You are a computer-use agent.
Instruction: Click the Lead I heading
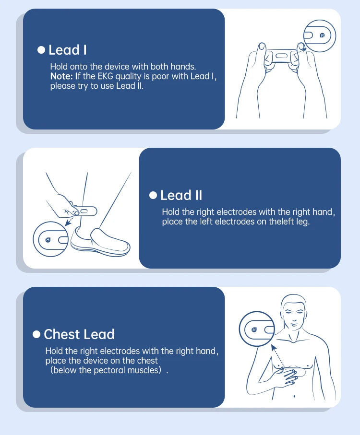pyautogui.click(x=67, y=50)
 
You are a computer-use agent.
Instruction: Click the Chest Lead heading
pyautogui.click(x=79, y=334)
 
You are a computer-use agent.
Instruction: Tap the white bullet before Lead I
pyautogui.click(x=41, y=50)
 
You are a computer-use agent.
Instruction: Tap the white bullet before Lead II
pyautogui.click(x=153, y=195)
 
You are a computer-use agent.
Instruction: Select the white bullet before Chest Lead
pyautogui.click(x=36, y=334)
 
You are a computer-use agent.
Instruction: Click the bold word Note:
pyautogui.click(x=61, y=76)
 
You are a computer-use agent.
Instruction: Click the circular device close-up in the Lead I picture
pyautogui.click(x=320, y=36)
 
